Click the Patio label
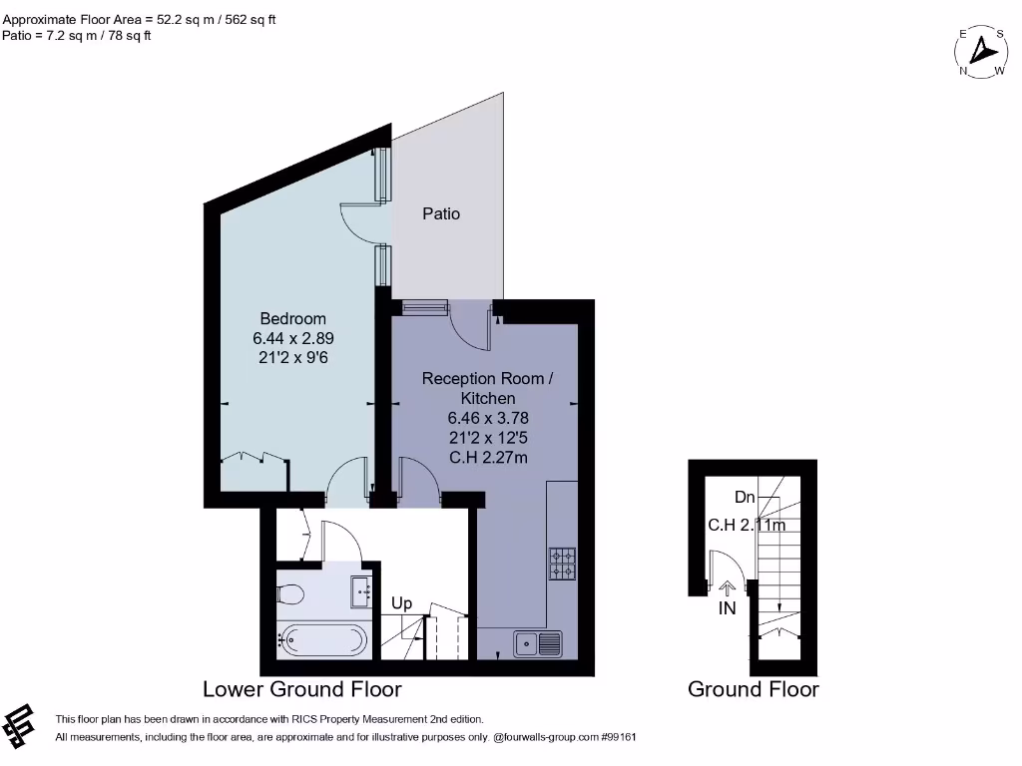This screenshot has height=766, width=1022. pyautogui.click(x=441, y=213)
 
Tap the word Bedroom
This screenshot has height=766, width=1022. pyautogui.click(x=292, y=318)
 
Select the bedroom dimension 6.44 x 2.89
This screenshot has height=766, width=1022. pyautogui.click(x=292, y=339)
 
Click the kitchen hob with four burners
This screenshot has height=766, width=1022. pyautogui.click(x=562, y=565)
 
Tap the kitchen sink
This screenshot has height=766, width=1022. pyautogui.click(x=539, y=644)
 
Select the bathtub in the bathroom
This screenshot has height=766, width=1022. pyautogui.click(x=321, y=639)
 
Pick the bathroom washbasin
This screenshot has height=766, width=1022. pyautogui.click(x=361, y=590)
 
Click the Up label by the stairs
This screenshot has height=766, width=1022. pyautogui.click(x=401, y=603)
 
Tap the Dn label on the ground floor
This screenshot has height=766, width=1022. pyautogui.click(x=745, y=496)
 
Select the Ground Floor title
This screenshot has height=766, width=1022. pyautogui.click(x=753, y=689)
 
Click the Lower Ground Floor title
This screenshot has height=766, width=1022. pyautogui.click(x=302, y=689)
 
